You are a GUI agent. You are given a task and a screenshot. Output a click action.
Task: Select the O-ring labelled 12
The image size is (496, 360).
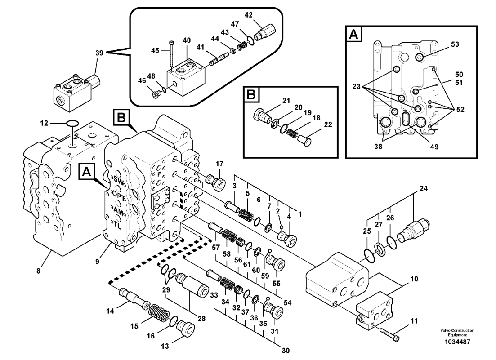71,123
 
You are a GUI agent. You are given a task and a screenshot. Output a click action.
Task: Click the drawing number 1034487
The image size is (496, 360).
457,342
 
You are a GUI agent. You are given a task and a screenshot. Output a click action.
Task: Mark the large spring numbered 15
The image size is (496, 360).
157,312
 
